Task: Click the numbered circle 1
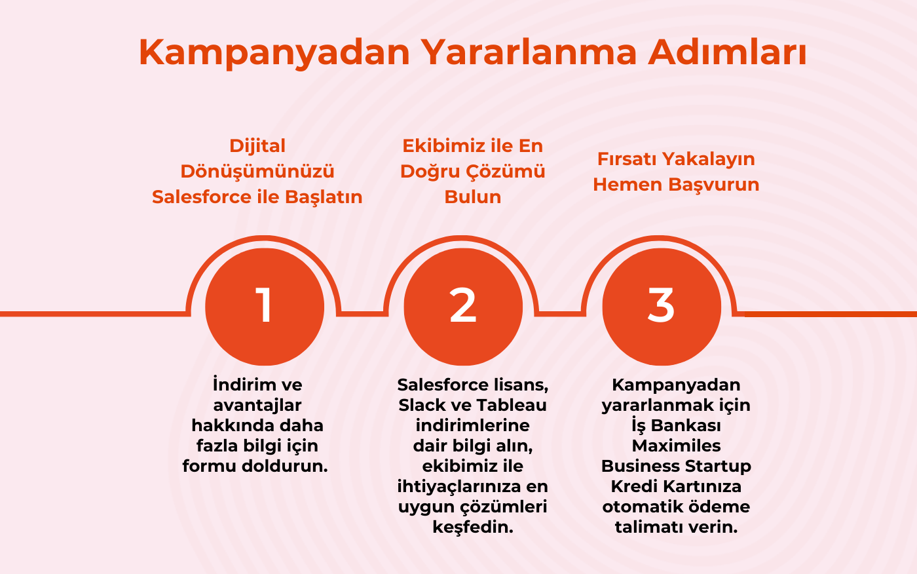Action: pyautogui.click(x=265, y=306)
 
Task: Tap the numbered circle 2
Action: pyautogui.click(x=463, y=306)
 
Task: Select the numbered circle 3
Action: pyautogui.click(x=662, y=306)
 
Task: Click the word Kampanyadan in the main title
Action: pyautogui.click(x=274, y=52)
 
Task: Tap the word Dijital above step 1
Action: pyautogui.click(x=257, y=145)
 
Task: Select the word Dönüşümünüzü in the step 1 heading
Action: pyautogui.click(x=257, y=171)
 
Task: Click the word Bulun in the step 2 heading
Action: pyautogui.click(x=472, y=197)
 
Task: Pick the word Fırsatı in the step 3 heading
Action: pyautogui.click(x=626, y=159)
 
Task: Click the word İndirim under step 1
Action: pyautogui.click(x=237, y=384)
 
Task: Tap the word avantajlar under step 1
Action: pyautogui.click(x=257, y=405)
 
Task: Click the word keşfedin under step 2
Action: pyautogui.click(x=472, y=527)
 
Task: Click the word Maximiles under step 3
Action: pyautogui.click(x=676, y=446)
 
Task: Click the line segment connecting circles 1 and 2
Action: pyautogui.click(x=363, y=313)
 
